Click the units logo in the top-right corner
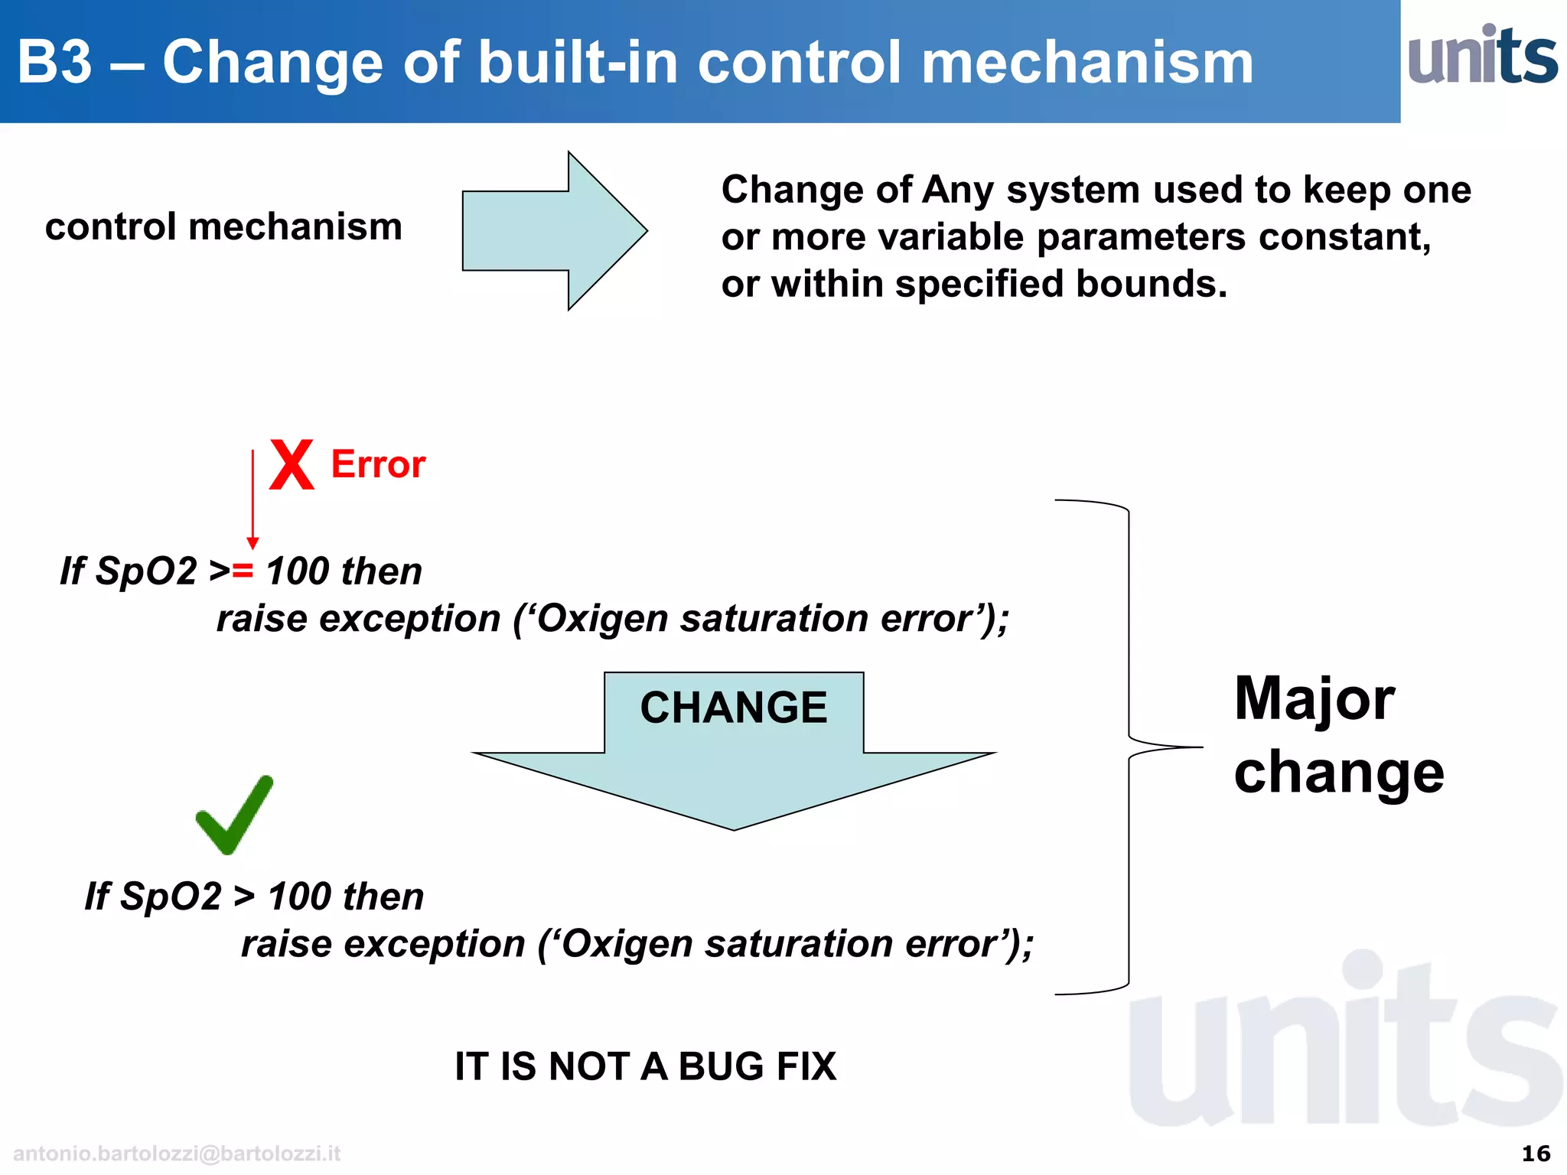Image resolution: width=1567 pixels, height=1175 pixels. point(1482,56)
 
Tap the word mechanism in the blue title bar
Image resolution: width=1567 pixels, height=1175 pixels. point(1086,63)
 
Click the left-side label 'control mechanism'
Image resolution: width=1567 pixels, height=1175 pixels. point(223,227)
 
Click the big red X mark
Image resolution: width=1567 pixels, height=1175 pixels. point(292,464)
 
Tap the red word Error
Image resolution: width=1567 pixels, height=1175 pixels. point(378,464)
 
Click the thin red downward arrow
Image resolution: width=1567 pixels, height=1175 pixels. point(253,497)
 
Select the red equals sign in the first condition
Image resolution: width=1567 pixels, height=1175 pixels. point(243,571)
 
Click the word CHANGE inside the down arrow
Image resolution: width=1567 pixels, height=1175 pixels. point(733,708)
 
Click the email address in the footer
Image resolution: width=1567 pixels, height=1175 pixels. point(177,1154)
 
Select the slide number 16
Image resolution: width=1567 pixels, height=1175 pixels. point(1536,1154)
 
